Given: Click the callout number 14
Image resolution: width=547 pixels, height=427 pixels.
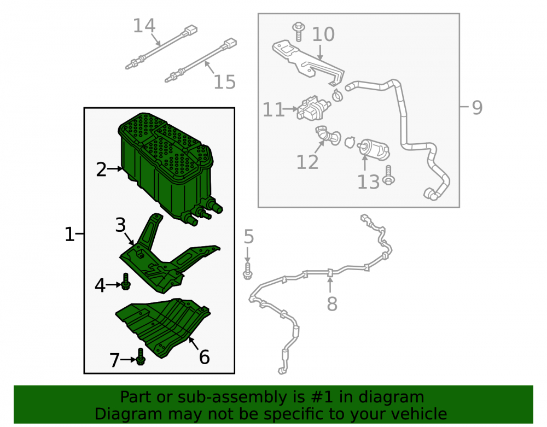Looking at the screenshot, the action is tap(144, 26).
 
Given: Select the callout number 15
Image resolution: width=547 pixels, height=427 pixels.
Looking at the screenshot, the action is tap(225, 82).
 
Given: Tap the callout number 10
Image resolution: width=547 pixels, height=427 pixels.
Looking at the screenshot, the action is tap(323, 34).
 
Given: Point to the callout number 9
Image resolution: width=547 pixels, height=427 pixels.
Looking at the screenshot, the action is tap(477, 107).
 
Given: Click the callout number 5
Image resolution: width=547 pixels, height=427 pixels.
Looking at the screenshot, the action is tap(249, 237).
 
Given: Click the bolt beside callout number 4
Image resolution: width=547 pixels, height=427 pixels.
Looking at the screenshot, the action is tap(126, 282).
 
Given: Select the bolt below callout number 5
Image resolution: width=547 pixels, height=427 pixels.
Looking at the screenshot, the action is tap(247, 271).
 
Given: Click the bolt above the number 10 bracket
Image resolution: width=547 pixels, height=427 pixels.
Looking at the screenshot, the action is tap(299, 32).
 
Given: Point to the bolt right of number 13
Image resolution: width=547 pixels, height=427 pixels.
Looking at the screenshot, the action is tap(388, 176).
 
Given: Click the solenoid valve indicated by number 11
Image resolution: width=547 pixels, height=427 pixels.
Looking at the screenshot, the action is tap(312, 108).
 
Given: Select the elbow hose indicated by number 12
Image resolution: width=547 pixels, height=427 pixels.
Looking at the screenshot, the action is tap(328, 136).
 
